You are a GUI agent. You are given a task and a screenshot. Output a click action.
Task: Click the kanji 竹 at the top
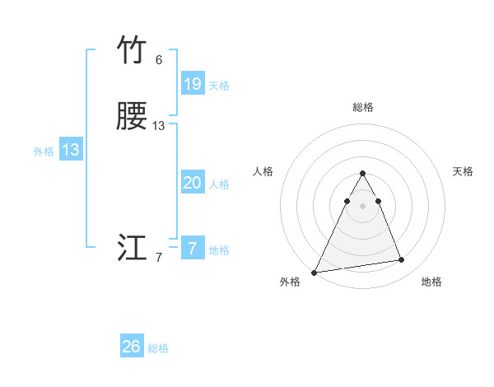click(x=133, y=51)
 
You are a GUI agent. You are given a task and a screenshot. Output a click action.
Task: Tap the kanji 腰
click(x=133, y=117)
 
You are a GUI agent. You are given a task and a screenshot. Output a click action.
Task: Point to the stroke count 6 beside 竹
click(x=158, y=60)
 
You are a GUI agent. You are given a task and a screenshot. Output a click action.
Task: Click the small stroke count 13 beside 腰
click(x=158, y=126)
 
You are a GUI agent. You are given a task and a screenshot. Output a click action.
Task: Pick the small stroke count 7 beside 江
click(x=158, y=258)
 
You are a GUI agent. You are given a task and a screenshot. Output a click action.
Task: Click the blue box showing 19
click(x=193, y=83)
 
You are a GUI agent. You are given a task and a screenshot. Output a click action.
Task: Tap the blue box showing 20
click(x=193, y=183)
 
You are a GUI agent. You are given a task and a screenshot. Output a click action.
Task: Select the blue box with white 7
click(x=193, y=249)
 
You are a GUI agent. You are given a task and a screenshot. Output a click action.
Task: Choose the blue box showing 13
click(x=71, y=150)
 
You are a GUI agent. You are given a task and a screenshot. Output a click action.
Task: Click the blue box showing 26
click(x=132, y=347)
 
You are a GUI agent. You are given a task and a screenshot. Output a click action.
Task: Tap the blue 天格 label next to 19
click(x=219, y=85)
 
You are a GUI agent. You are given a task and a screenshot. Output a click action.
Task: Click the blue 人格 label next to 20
click(x=219, y=184)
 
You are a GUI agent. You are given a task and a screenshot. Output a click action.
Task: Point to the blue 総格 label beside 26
click(x=158, y=348)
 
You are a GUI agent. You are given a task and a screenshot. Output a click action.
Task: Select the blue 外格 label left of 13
click(x=44, y=152)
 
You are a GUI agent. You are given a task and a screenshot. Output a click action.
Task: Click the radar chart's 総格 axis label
click(x=363, y=107)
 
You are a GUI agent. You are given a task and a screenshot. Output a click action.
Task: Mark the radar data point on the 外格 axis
click(x=315, y=272)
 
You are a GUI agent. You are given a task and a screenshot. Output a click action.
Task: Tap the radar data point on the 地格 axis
click(x=402, y=260)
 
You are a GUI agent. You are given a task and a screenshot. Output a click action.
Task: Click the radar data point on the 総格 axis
click(x=363, y=174)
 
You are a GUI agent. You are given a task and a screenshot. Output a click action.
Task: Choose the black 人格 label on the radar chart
click(x=263, y=171)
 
